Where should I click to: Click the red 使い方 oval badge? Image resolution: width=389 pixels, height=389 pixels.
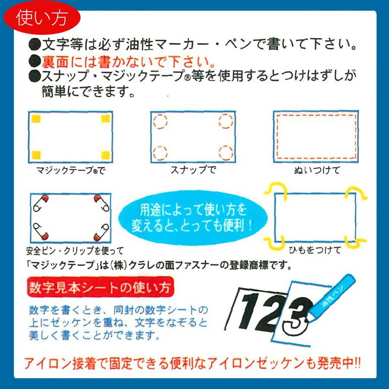[42, 18]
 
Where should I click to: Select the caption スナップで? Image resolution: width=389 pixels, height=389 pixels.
[193, 170]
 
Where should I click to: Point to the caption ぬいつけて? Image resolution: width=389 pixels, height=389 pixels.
[315, 170]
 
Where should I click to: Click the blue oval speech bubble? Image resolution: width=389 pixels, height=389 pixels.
[192, 218]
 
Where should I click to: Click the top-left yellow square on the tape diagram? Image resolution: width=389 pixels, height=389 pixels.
[36, 119]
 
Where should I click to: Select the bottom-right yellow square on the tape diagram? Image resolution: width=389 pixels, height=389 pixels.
[105, 154]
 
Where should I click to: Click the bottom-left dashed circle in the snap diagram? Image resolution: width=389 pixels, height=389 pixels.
[160, 152]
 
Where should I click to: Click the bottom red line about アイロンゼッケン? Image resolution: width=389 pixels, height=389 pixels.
[192, 364]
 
